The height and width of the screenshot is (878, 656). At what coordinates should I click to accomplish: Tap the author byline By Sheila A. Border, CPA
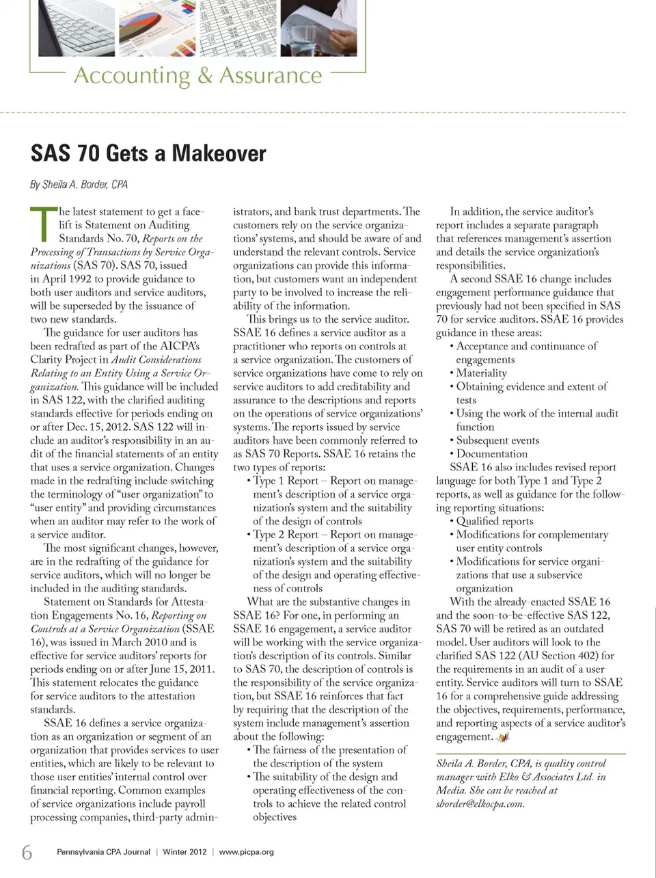click(79, 185)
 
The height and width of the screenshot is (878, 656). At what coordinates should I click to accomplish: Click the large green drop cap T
click(42, 224)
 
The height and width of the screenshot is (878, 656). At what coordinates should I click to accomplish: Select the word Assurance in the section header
click(271, 75)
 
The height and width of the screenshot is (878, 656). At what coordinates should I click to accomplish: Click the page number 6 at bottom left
click(27, 852)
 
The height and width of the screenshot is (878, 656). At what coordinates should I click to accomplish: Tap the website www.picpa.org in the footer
click(246, 852)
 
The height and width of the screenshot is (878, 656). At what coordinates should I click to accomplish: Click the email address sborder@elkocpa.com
click(480, 803)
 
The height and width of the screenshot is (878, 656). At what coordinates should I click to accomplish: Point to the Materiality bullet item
click(481, 373)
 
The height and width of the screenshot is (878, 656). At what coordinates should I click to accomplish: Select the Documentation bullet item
click(491, 453)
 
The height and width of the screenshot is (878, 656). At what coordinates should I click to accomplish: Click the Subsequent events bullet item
click(497, 440)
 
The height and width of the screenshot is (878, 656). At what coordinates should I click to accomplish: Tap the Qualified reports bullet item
click(494, 521)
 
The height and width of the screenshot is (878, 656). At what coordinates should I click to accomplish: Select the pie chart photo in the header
click(156, 29)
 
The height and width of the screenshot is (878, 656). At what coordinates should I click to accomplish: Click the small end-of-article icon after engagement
click(503, 736)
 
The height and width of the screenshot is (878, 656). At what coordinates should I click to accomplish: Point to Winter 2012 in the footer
click(184, 852)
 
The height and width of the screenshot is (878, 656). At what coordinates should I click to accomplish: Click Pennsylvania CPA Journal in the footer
click(103, 852)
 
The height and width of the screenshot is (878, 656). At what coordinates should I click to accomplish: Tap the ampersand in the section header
click(205, 75)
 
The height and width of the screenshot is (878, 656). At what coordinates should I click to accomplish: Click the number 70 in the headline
click(88, 153)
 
